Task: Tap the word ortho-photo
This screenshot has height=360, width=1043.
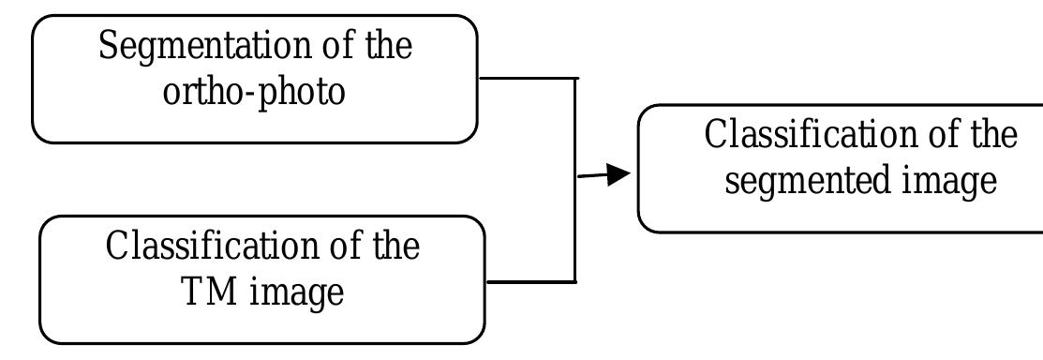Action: coord(254,93)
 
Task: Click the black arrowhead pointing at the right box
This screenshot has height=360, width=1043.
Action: coord(617,174)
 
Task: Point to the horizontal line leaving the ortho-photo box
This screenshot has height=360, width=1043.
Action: coord(525,79)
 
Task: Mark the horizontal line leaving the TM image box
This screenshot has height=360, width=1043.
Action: coord(530,281)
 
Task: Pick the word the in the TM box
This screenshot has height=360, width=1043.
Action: coord(397,247)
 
